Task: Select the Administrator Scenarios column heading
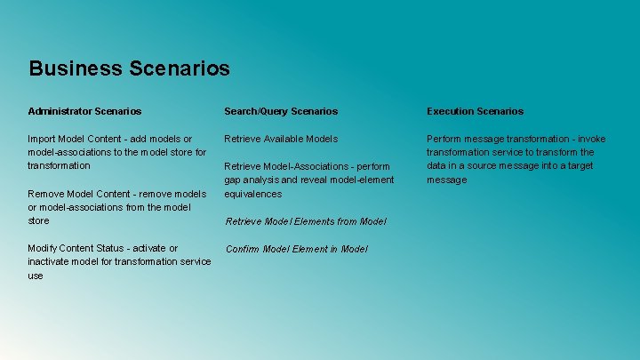point(84,111)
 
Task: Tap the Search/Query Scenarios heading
point(281,111)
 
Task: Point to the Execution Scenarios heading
point(475,111)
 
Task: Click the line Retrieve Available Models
point(281,139)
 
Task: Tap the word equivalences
point(252,194)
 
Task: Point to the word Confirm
point(243,249)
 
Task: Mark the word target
point(581,166)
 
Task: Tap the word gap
point(233,180)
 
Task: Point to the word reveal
point(323,180)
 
